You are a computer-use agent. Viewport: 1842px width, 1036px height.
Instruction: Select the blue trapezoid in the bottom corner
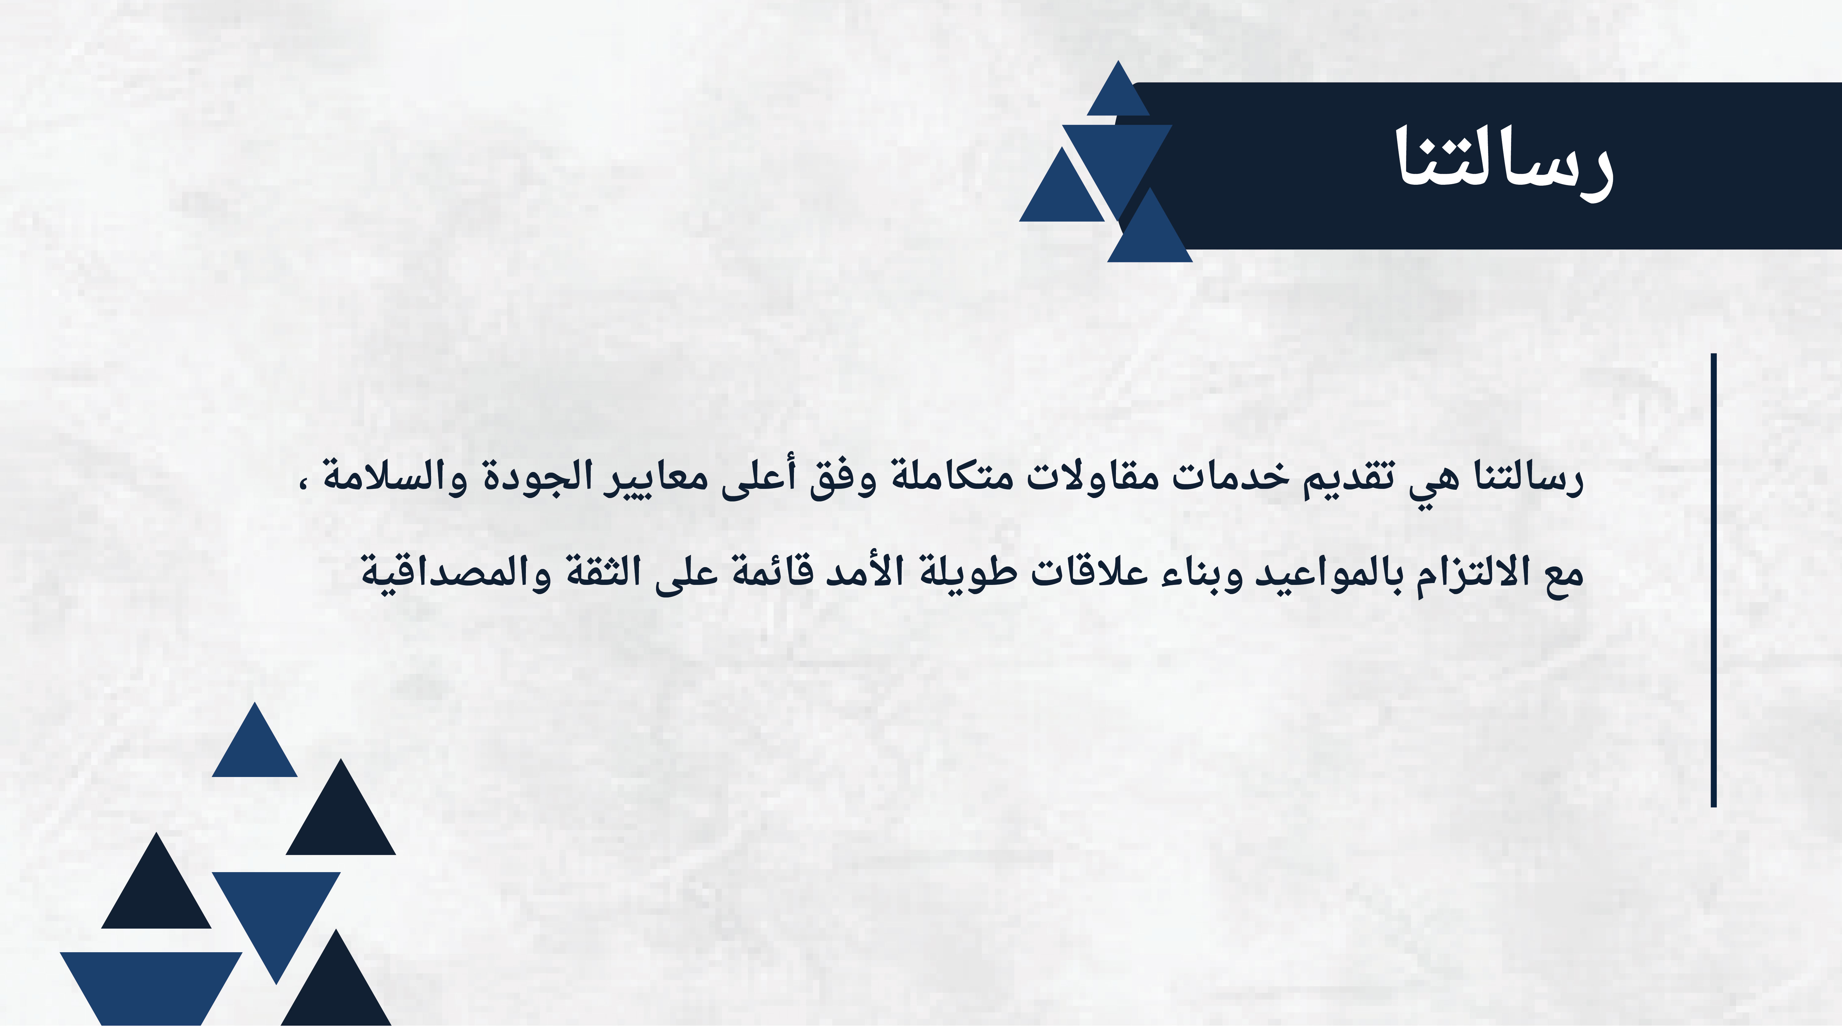151,988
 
